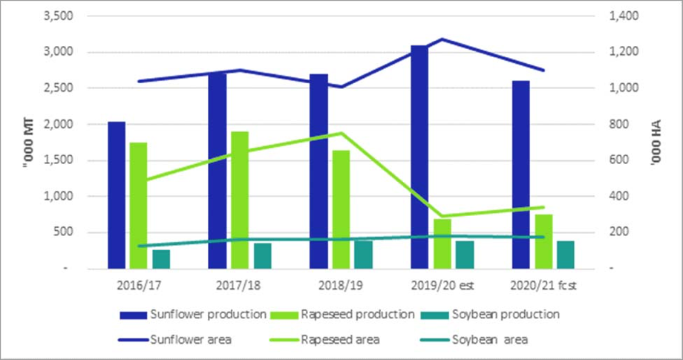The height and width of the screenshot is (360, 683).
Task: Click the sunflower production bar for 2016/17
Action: [117, 194]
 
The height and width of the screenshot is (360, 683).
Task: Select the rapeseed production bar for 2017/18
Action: [239, 200]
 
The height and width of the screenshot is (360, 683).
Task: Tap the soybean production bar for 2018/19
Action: [363, 254]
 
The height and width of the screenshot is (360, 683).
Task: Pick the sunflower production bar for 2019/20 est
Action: [419, 157]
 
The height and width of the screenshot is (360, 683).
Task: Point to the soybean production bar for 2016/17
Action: [161, 259]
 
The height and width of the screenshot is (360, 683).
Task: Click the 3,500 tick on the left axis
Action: [58, 16]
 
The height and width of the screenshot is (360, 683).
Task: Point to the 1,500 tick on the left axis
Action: [58, 160]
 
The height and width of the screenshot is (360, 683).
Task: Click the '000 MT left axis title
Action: [28, 142]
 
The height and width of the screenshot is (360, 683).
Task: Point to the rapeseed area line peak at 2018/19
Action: [341, 133]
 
